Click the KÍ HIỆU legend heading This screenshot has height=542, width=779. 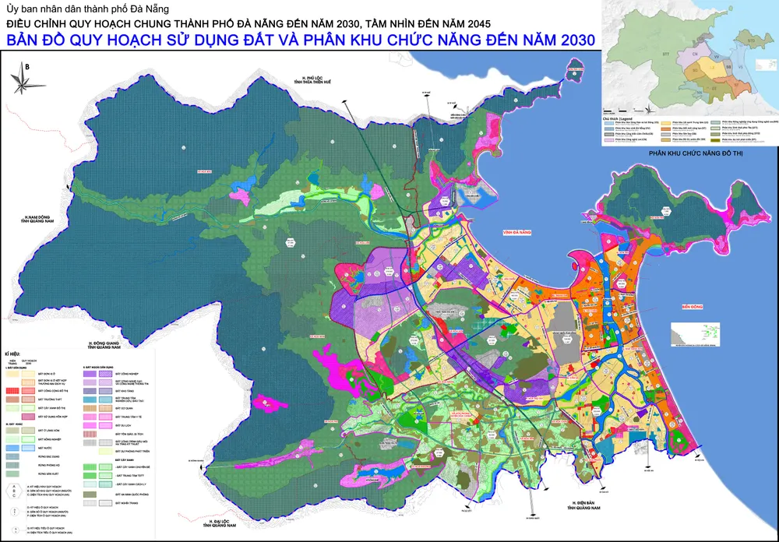coord(15,353)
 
